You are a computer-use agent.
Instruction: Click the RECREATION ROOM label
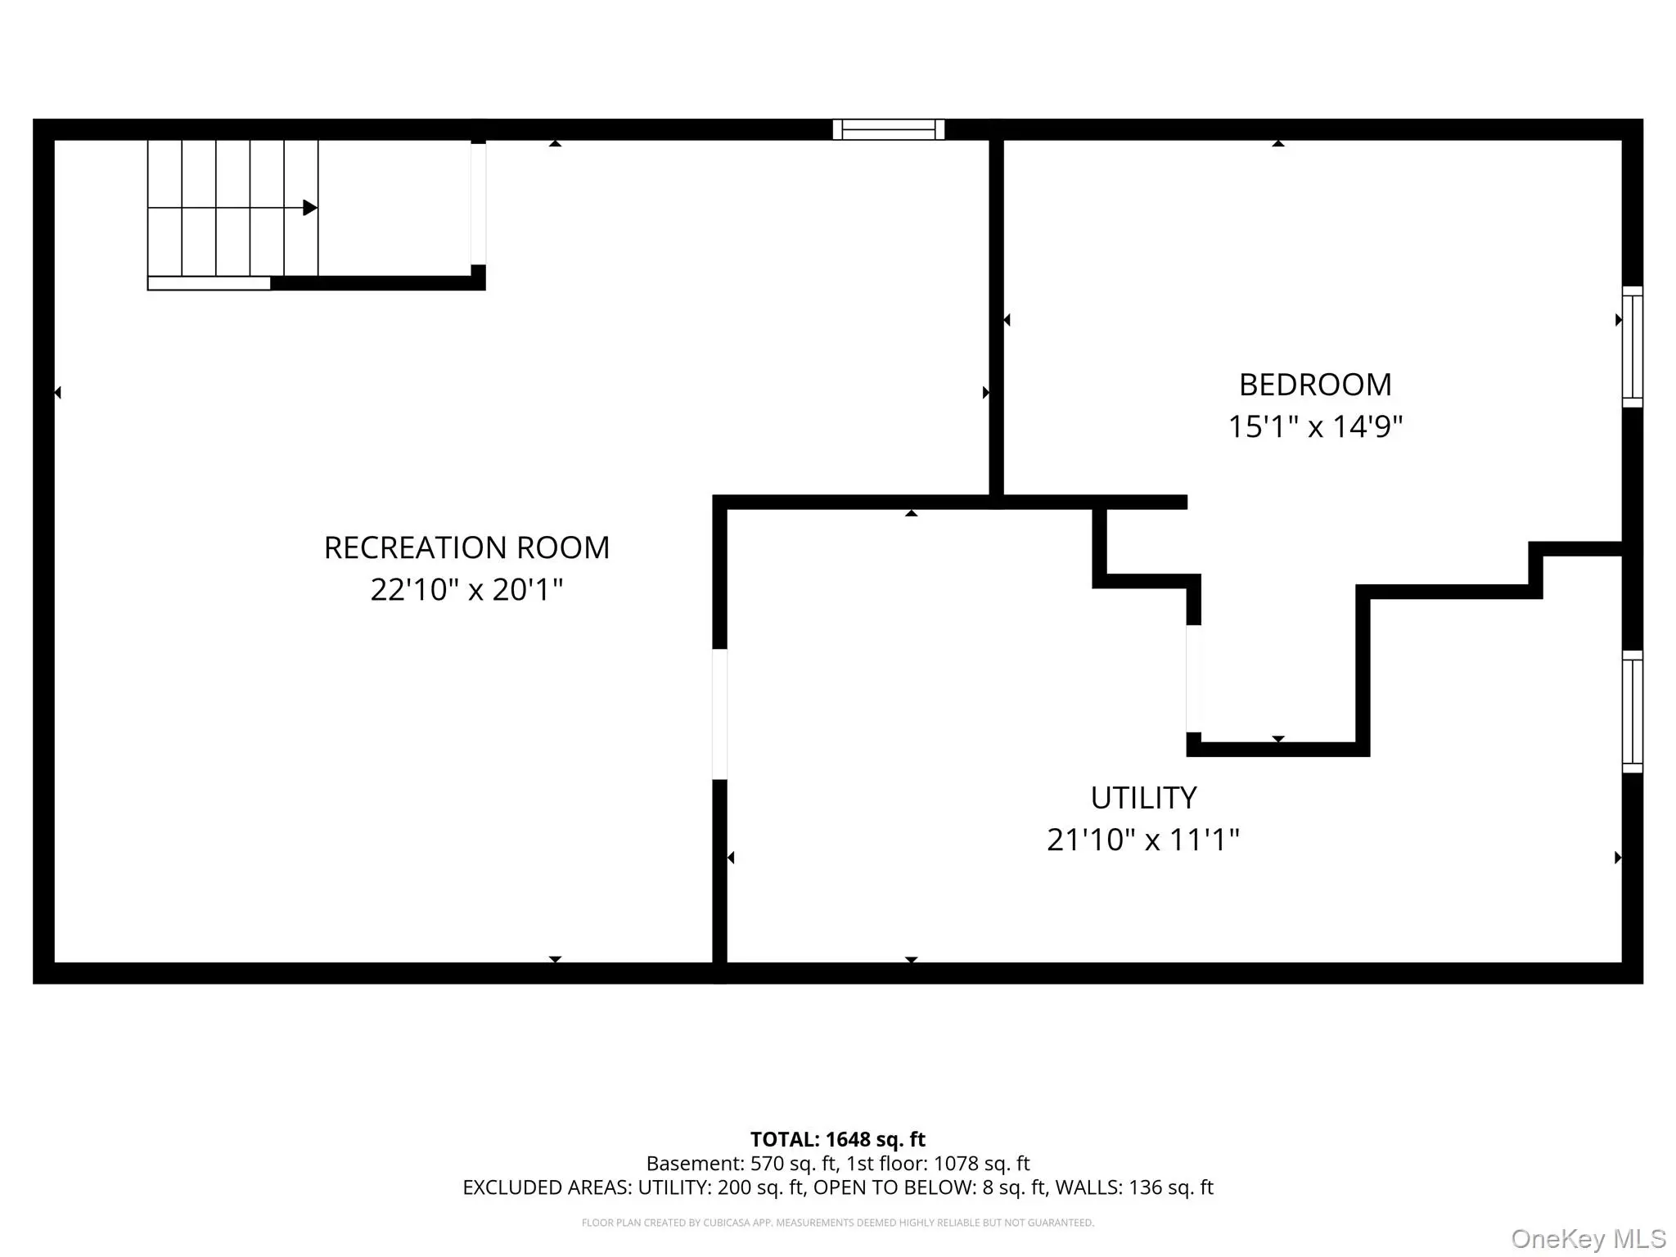(x=466, y=547)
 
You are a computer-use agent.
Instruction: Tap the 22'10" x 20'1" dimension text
(x=466, y=589)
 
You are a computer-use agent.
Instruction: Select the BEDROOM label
(x=1315, y=385)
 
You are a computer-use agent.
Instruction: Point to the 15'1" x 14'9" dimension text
(x=1315, y=426)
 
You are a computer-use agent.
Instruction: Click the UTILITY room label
(x=1143, y=798)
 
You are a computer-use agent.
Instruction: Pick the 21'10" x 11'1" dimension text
(x=1143, y=840)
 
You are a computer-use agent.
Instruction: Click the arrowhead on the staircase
(x=310, y=208)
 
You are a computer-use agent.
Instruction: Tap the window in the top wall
(x=889, y=129)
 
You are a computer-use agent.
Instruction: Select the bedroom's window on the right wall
(x=1633, y=347)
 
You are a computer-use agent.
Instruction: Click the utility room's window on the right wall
(x=1633, y=712)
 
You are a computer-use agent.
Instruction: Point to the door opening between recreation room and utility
(x=720, y=714)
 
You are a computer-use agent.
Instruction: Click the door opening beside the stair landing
(x=479, y=205)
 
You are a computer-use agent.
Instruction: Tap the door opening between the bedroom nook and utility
(x=1194, y=679)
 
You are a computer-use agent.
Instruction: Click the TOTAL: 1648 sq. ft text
(x=838, y=1139)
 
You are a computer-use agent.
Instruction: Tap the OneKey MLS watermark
(x=1588, y=1239)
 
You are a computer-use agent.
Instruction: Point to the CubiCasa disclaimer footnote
(x=838, y=1223)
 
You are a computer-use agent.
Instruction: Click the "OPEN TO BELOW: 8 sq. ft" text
(x=930, y=1187)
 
